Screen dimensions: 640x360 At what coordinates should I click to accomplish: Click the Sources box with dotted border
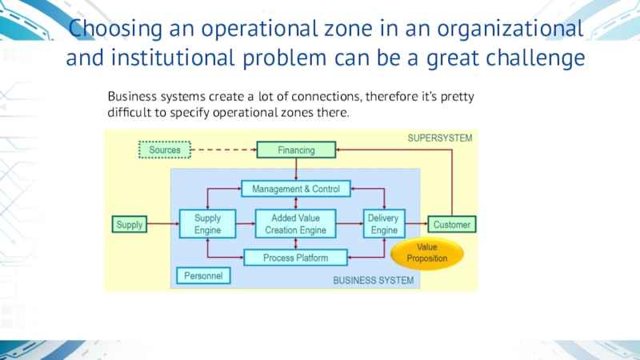pyautogui.click(x=165, y=150)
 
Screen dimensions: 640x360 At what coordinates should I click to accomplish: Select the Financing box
pyautogui.click(x=296, y=150)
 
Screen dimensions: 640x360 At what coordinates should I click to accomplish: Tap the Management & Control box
pyautogui.click(x=296, y=190)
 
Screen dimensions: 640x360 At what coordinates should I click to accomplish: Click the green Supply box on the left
pyautogui.click(x=130, y=225)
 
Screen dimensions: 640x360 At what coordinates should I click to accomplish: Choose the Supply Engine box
pyautogui.click(x=207, y=224)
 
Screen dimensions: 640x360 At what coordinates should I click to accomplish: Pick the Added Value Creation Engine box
pyautogui.click(x=295, y=224)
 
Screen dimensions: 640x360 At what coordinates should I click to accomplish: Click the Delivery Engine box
pyautogui.click(x=384, y=224)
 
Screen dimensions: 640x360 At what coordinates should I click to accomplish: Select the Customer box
pyautogui.click(x=452, y=225)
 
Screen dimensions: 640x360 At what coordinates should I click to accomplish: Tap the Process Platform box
pyautogui.click(x=296, y=258)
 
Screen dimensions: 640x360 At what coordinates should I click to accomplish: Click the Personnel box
pyautogui.click(x=202, y=276)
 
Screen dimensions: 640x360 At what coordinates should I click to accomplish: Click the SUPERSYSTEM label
pyautogui.click(x=440, y=138)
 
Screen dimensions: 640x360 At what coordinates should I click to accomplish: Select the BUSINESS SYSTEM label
pyautogui.click(x=374, y=281)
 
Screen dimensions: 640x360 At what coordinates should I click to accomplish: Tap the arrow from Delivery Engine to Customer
pyautogui.click(x=417, y=225)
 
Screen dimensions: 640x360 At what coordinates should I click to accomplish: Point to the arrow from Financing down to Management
pyautogui.click(x=296, y=169)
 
